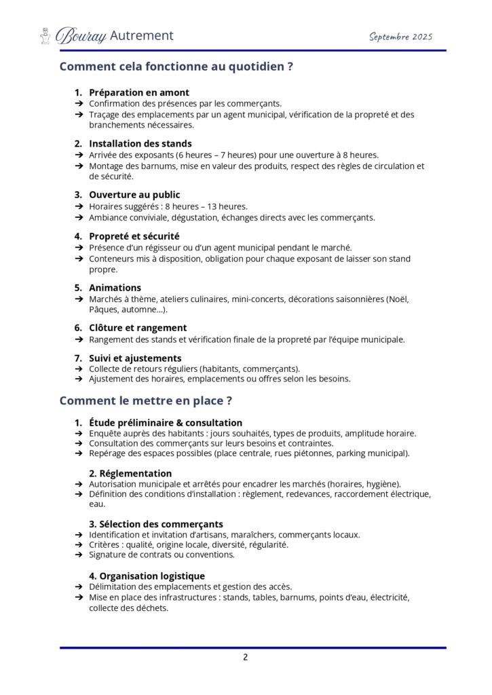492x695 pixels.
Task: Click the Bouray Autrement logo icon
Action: tap(45, 35)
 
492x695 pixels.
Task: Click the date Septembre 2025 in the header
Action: tap(400, 37)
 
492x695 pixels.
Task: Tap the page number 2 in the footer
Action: tap(246, 656)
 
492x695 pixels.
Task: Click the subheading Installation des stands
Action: tap(140, 143)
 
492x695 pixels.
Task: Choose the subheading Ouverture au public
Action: tap(134, 195)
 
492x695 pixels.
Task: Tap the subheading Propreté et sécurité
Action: tap(134, 236)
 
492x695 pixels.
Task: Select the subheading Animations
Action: tap(115, 287)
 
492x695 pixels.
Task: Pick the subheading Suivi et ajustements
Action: tap(135, 358)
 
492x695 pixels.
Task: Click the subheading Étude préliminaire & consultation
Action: tap(166, 422)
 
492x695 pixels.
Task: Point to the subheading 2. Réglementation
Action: tap(130, 473)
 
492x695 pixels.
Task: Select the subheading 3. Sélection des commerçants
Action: tap(156, 524)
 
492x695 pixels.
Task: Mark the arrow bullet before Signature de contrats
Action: tap(79, 555)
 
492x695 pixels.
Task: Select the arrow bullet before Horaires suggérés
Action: tap(79, 206)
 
